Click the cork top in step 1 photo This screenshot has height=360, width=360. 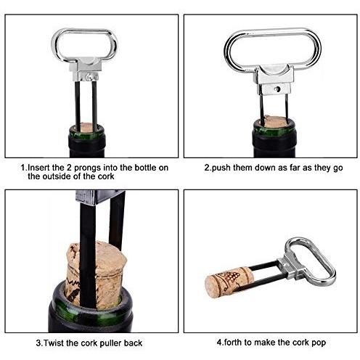coord(87,128)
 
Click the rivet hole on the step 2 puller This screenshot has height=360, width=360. coord(277,89)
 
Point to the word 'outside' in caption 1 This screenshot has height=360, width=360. coord(57,176)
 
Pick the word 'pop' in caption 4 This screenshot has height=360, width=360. coord(319,343)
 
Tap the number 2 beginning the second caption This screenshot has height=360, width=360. coord(207,168)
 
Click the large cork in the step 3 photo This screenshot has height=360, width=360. coord(97,274)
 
